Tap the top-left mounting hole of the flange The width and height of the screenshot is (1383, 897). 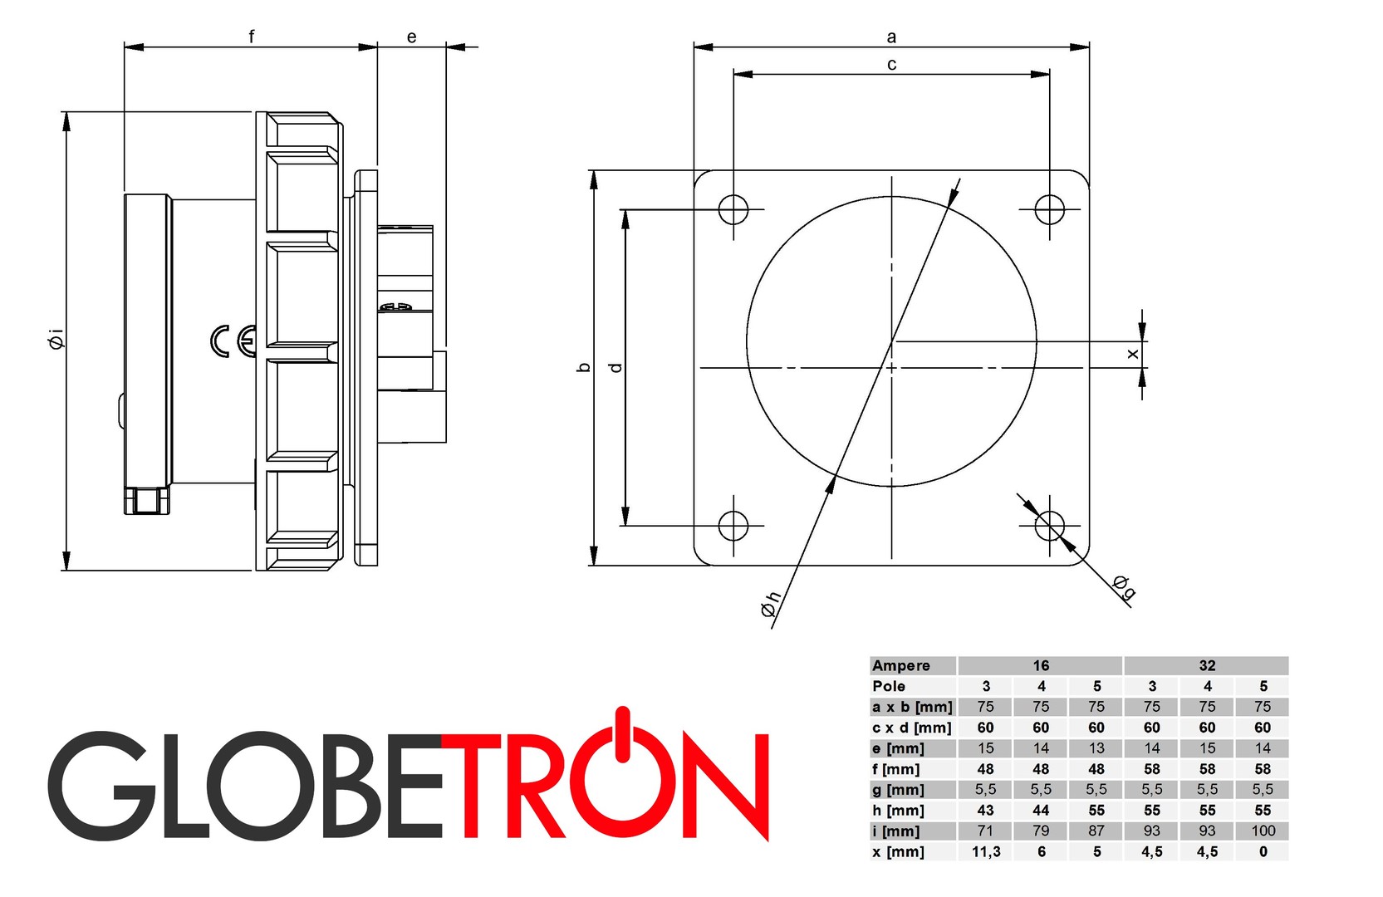(x=733, y=209)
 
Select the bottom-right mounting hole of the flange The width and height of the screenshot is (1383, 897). (x=1050, y=526)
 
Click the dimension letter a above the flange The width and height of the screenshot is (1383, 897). (x=891, y=37)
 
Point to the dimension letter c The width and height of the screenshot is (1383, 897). (x=891, y=64)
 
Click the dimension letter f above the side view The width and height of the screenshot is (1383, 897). (x=251, y=37)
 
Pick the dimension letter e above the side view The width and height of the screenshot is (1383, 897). (x=411, y=37)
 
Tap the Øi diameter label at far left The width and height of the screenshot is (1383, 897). (x=56, y=340)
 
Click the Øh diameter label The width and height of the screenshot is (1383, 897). (x=771, y=604)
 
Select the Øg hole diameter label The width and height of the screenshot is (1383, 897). (x=1124, y=586)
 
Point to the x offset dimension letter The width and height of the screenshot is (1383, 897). (x=1132, y=354)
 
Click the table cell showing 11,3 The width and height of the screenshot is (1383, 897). (x=985, y=851)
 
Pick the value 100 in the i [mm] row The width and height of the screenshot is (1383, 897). (x=1263, y=831)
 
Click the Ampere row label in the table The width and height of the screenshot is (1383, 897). (x=901, y=665)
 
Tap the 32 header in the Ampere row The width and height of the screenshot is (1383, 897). (x=1207, y=665)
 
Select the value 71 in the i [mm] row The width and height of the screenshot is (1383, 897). (x=985, y=831)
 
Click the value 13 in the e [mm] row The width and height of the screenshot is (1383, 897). (x=1096, y=747)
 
